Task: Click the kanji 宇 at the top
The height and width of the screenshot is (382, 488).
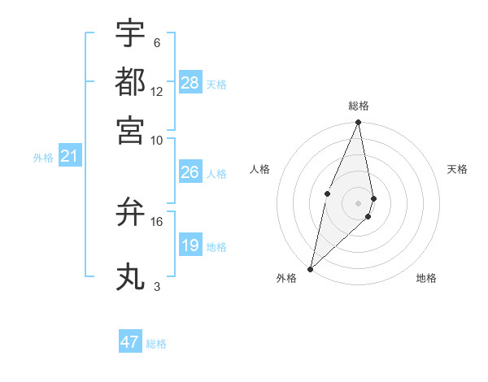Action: (130, 33)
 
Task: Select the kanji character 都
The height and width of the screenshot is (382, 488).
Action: (130, 81)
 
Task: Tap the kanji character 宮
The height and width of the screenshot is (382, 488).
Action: (130, 129)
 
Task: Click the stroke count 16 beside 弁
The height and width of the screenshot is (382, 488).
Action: (157, 221)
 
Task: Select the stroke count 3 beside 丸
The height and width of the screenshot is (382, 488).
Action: (157, 287)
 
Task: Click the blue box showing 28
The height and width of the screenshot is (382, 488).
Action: (190, 82)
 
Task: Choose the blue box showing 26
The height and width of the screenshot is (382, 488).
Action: (190, 172)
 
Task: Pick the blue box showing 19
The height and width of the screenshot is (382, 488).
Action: (190, 245)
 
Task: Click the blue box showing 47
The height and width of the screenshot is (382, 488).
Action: (130, 342)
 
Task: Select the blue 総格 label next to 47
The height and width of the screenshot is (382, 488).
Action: (156, 344)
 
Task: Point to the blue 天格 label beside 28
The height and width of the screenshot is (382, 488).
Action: (216, 84)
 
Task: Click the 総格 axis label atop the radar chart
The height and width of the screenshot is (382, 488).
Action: (359, 106)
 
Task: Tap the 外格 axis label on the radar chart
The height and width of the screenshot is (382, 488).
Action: (286, 278)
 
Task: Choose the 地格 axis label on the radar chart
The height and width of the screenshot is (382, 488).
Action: (426, 278)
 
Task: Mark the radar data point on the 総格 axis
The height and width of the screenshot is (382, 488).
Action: (358, 123)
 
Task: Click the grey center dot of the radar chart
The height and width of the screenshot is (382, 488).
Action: (358, 202)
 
